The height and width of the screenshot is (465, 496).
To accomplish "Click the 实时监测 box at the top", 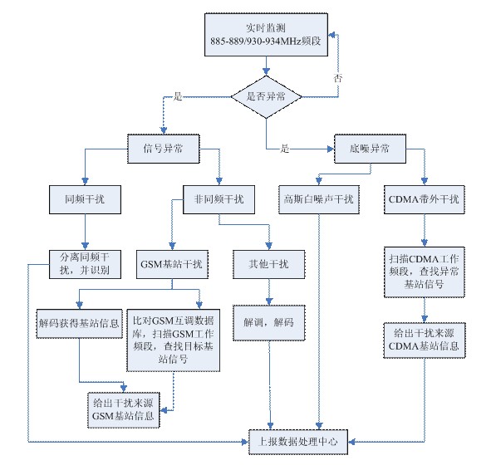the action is (266, 35).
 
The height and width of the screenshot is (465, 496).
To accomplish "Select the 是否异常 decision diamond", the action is (266, 96).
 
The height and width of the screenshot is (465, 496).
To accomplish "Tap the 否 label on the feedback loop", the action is (338, 78).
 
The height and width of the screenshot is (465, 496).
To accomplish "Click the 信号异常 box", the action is (164, 149).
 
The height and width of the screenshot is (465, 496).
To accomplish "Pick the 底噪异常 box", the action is (370, 149).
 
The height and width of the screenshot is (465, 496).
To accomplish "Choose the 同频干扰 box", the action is (85, 199).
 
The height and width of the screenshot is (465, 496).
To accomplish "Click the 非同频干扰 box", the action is (219, 199).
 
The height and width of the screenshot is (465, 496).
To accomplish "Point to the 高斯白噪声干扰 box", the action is (319, 199).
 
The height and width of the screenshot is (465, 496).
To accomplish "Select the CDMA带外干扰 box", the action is (425, 199).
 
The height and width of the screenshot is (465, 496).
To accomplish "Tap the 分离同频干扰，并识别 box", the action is (85, 264).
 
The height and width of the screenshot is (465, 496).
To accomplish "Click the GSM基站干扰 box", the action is (172, 264).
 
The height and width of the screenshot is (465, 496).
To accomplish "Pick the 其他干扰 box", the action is (269, 264).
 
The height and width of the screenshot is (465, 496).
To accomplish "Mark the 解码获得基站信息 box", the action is (79, 324).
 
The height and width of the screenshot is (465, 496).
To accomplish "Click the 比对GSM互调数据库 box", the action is (174, 340).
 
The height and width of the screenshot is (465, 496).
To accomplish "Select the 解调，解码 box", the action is (269, 323).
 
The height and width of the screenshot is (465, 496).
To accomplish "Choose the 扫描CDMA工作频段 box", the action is (425, 272).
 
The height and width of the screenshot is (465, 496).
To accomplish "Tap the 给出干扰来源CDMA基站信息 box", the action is (425, 340).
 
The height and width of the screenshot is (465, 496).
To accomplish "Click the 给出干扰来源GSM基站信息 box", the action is (123, 410).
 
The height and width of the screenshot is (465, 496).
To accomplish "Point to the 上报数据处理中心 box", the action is (298, 442).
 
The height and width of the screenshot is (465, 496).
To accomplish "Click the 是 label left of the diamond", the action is (178, 96).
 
